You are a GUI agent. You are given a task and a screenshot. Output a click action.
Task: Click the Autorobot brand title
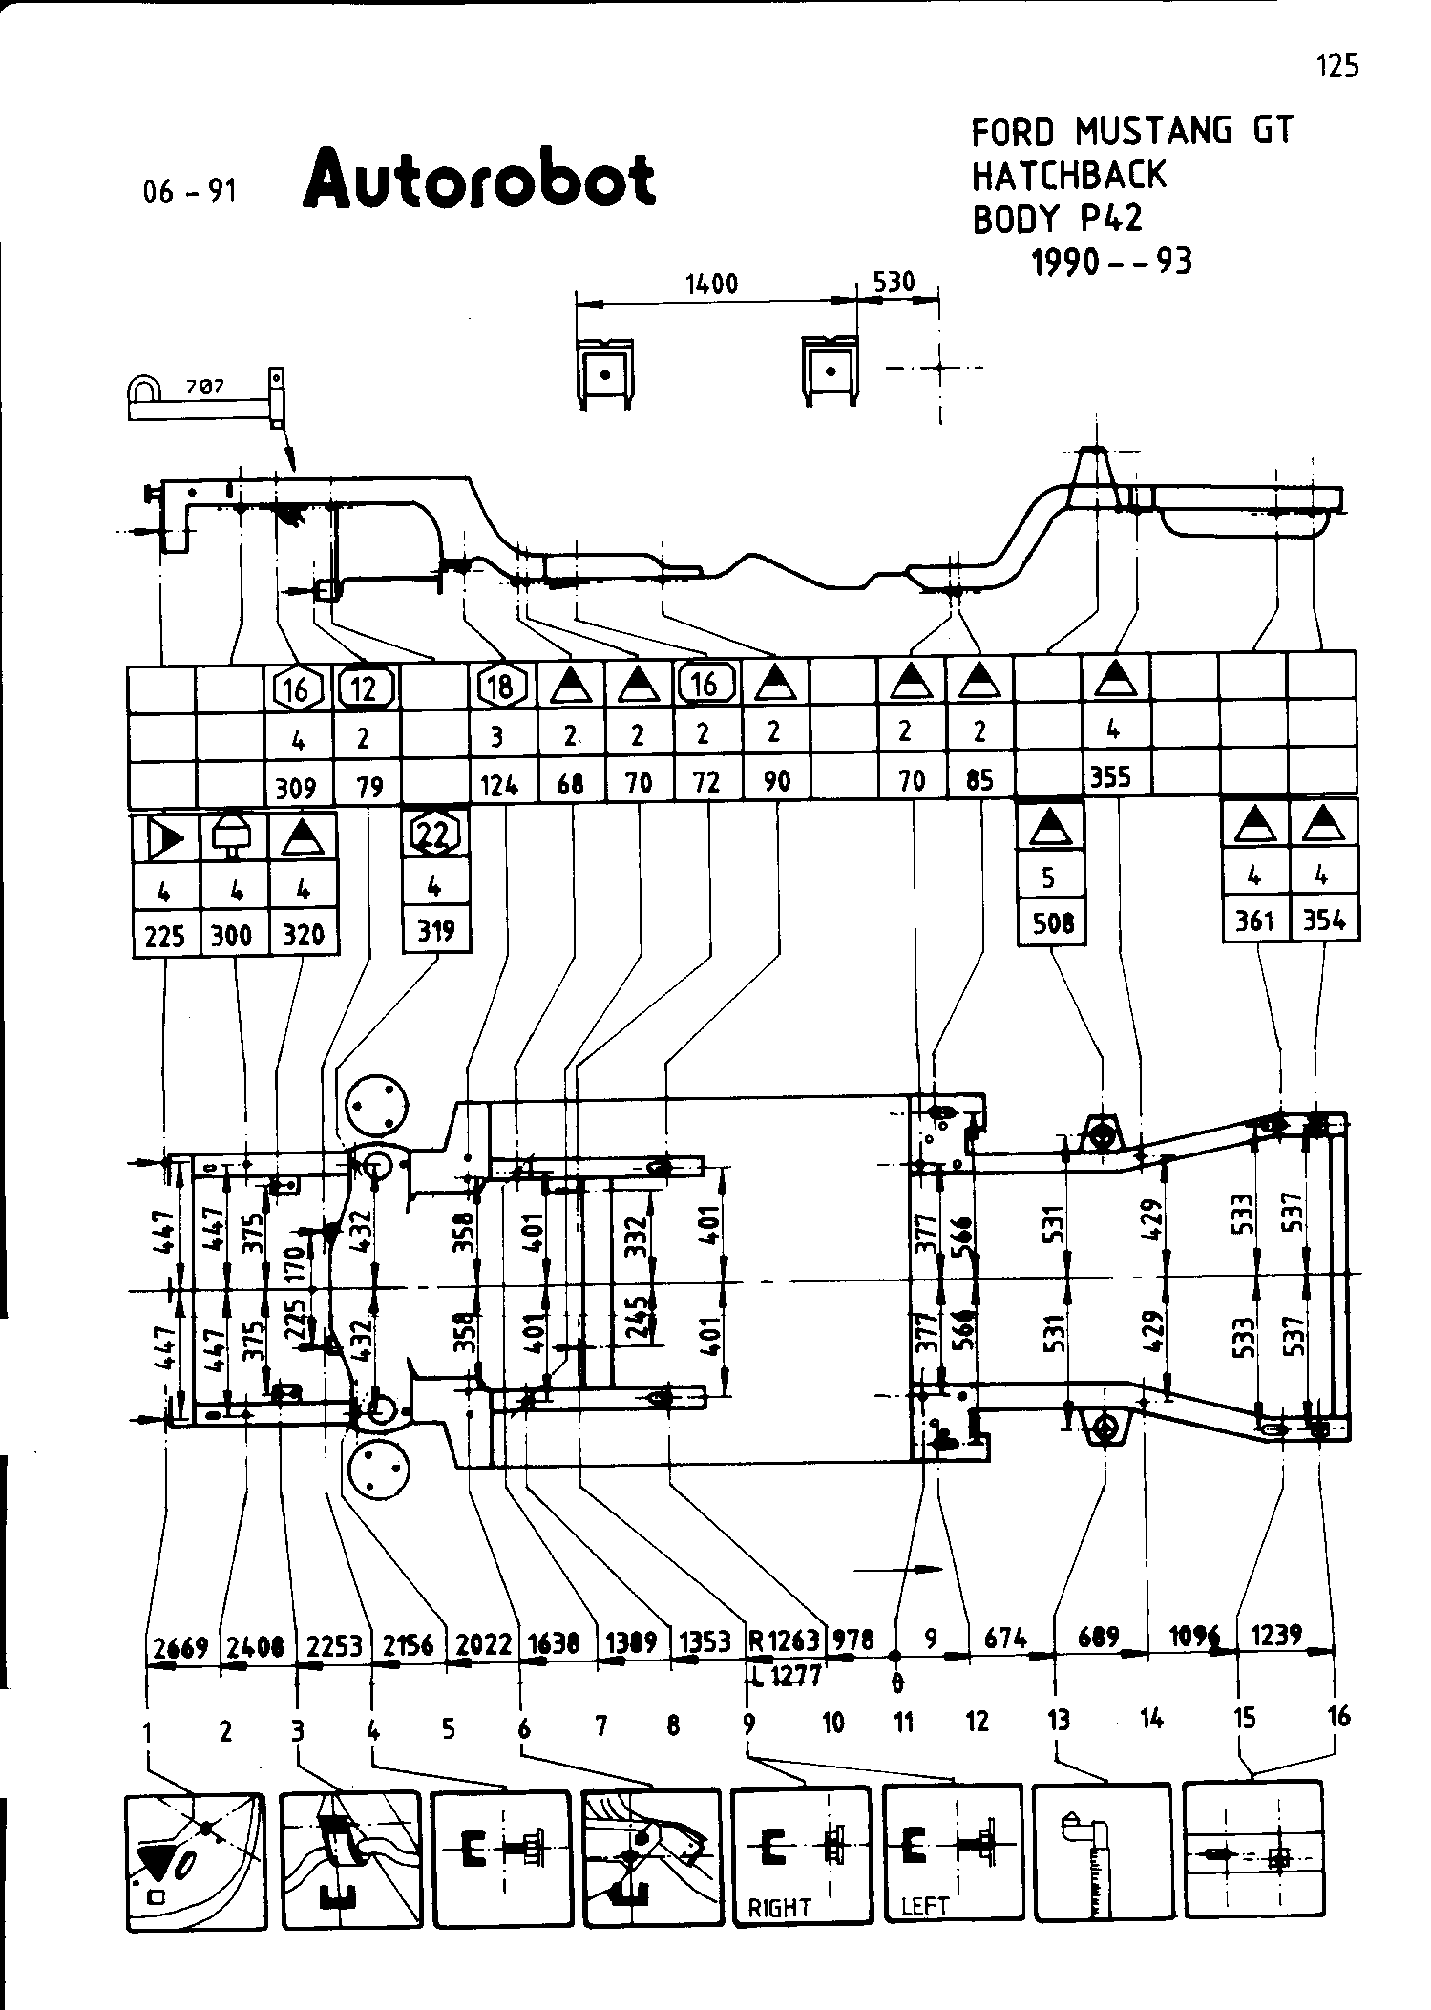[x=479, y=180]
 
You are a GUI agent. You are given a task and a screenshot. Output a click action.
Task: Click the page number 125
[x=1336, y=66]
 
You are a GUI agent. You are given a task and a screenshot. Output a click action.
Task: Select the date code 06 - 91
[x=189, y=192]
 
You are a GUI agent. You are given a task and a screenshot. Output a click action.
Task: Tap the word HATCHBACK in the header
[x=1068, y=175]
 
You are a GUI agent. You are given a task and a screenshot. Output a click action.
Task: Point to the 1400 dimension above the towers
[x=711, y=284]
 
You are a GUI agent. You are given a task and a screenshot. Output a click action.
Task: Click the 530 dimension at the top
[x=894, y=282]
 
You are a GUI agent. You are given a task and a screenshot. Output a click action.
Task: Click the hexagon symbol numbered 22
[x=435, y=835]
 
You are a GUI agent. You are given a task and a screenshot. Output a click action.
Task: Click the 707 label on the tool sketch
[x=205, y=387]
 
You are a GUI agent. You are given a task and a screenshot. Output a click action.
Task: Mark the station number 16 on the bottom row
[x=1338, y=1717]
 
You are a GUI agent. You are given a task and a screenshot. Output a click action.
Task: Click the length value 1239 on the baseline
[x=1276, y=1636]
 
